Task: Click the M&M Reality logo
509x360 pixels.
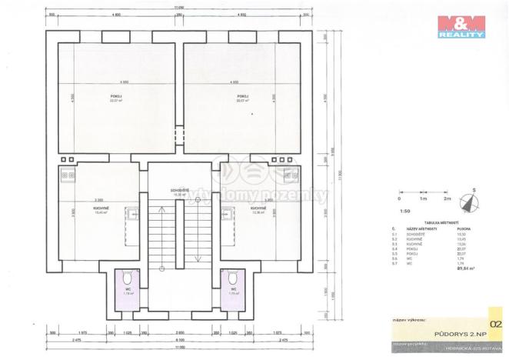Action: (x=461, y=26)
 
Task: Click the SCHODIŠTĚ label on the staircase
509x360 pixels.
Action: (x=179, y=190)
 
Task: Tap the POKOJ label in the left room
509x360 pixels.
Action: (x=116, y=96)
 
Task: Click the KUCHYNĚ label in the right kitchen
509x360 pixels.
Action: (x=258, y=208)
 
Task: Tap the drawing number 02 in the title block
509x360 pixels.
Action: (x=497, y=314)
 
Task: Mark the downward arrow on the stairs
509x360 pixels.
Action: (x=198, y=258)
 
